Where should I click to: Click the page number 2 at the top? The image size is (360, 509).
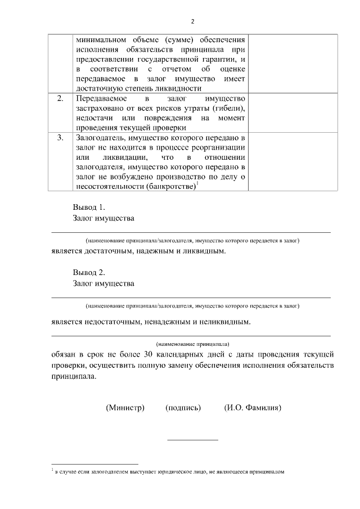click(x=192, y=21)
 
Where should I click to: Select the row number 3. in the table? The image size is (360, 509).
click(x=60, y=137)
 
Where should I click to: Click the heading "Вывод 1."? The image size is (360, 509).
click(x=89, y=207)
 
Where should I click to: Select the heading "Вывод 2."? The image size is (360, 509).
click(x=89, y=273)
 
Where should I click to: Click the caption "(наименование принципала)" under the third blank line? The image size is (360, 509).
click(x=192, y=343)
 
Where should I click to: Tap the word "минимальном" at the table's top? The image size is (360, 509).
click(x=101, y=40)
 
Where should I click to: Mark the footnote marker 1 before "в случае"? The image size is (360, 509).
click(x=52, y=470)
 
